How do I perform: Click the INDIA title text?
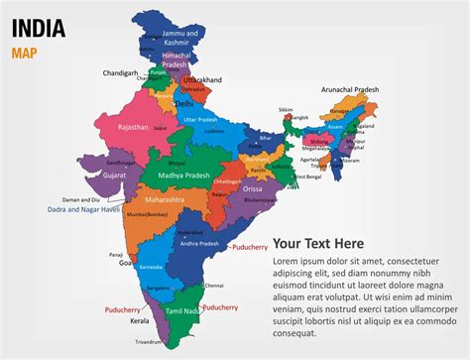(39, 27)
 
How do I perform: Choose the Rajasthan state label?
(132, 128)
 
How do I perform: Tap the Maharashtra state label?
(164, 199)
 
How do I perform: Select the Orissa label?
(254, 188)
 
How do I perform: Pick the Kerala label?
(139, 321)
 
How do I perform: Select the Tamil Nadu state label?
(185, 311)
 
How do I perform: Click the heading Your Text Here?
(318, 243)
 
